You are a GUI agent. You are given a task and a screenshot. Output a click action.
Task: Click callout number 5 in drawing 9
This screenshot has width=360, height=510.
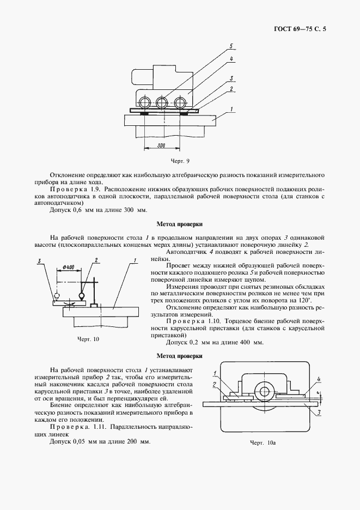pos(232,45)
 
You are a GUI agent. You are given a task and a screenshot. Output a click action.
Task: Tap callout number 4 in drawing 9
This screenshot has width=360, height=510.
pos(232,58)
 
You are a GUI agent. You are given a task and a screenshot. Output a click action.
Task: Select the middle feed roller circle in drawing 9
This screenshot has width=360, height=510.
pos(161,102)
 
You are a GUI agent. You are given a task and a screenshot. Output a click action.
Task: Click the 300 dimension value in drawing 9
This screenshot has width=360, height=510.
pos(160,146)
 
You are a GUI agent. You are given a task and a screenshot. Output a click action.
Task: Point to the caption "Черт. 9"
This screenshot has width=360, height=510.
pos(180,161)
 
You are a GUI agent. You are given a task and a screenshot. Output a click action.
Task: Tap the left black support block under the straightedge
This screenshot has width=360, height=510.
pos(146,113)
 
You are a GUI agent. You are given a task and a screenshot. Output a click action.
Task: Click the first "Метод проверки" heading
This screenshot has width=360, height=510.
pos(180,223)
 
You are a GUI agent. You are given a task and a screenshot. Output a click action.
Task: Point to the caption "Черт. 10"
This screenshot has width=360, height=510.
pos(89,339)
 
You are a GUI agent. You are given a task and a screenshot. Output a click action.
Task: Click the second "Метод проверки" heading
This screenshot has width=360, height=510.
pos(180,356)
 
